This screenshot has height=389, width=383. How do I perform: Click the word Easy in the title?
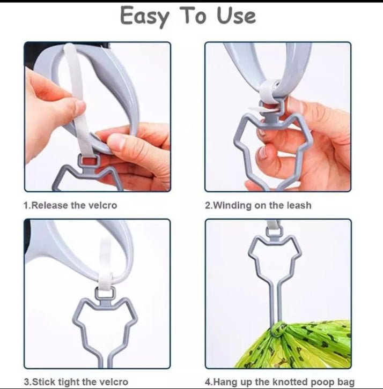tap(144, 16)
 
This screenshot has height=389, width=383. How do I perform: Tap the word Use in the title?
tap(236, 16)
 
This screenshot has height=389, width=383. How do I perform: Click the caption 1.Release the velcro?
tap(70, 205)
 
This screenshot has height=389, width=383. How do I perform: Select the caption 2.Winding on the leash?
tap(258, 206)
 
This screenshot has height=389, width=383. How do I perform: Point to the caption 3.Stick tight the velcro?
tap(76, 381)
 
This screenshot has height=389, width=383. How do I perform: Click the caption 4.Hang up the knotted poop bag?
tap(279, 381)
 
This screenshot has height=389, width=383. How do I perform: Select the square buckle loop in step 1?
tap(89, 161)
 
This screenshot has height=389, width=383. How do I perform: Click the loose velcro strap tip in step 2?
tap(256, 109)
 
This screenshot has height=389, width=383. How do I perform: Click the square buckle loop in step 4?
tap(274, 231)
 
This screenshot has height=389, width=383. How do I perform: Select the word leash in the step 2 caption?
tap(299, 205)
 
